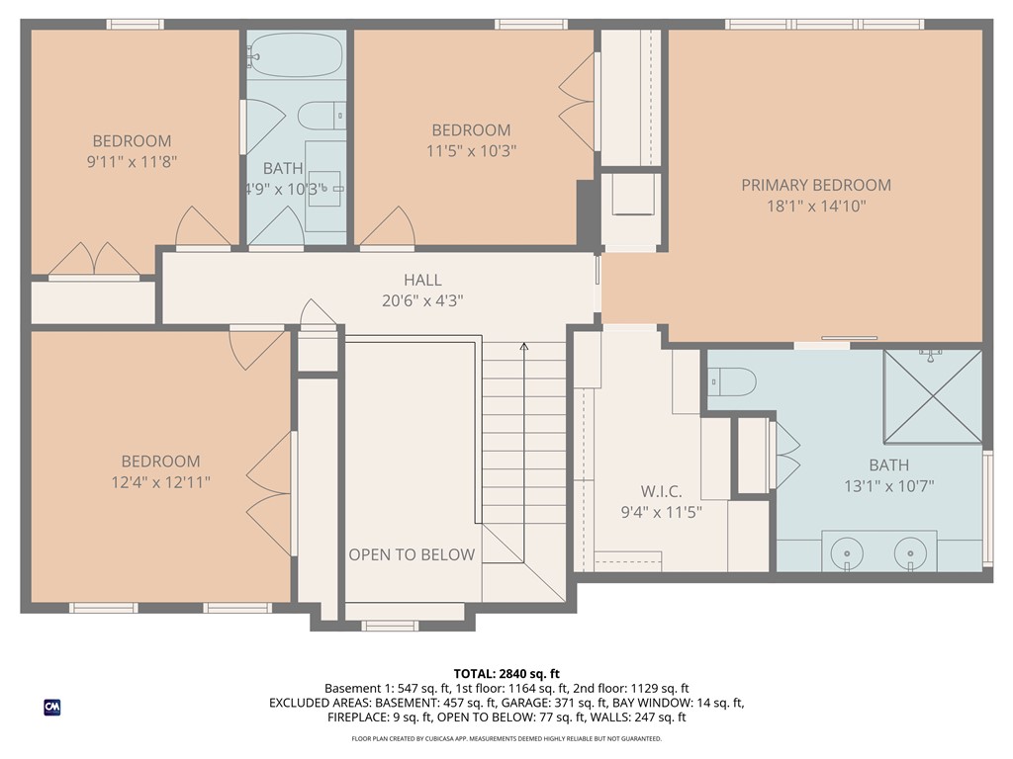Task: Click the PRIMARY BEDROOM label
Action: pos(816,185)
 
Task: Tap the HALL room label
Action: pos(422,280)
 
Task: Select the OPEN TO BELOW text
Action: pos(412,554)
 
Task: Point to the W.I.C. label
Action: pos(661,491)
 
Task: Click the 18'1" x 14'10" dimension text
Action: pos(816,206)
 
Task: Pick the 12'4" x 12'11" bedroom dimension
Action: pos(160,482)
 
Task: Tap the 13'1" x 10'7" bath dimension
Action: pos(889,486)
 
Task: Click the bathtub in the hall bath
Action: pos(295,56)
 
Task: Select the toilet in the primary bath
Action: pos(732,382)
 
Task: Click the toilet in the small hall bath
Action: pos(322,116)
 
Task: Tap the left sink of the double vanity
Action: pos(847,553)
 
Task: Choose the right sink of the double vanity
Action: pos(910,553)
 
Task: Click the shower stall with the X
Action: pos(933,396)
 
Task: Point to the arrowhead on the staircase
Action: pos(524,347)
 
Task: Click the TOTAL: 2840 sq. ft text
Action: pos(506,674)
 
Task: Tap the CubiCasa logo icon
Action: pos(52,708)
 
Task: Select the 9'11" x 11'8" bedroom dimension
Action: pos(132,161)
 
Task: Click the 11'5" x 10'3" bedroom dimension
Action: pos(471,151)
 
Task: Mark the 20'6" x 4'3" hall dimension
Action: pos(422,300)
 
